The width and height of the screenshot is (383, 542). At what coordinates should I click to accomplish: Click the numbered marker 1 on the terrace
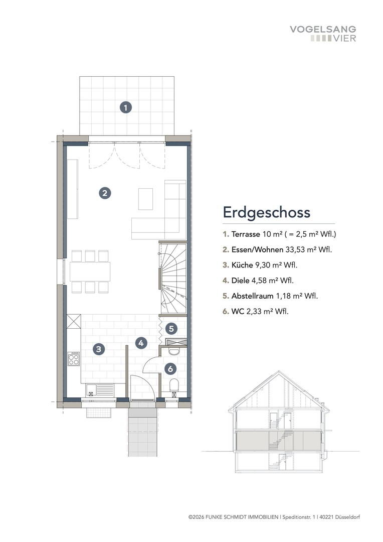125,106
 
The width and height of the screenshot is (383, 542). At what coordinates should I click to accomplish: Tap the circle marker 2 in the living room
104,193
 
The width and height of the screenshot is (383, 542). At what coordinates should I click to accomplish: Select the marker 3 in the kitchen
99,349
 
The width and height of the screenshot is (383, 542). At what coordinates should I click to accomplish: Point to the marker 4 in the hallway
141,343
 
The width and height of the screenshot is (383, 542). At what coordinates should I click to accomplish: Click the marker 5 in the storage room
171,329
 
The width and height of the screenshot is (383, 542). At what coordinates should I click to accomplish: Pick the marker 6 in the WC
171,369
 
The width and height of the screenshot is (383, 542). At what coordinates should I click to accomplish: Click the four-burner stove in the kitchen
74,359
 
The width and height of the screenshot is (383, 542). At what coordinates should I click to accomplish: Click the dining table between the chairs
90,272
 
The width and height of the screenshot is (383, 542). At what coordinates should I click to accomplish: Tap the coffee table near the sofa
145,198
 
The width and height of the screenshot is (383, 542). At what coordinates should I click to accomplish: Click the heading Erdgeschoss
267,212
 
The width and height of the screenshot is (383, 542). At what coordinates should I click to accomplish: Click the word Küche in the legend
241,264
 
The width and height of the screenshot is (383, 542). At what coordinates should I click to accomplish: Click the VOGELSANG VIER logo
323,34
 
